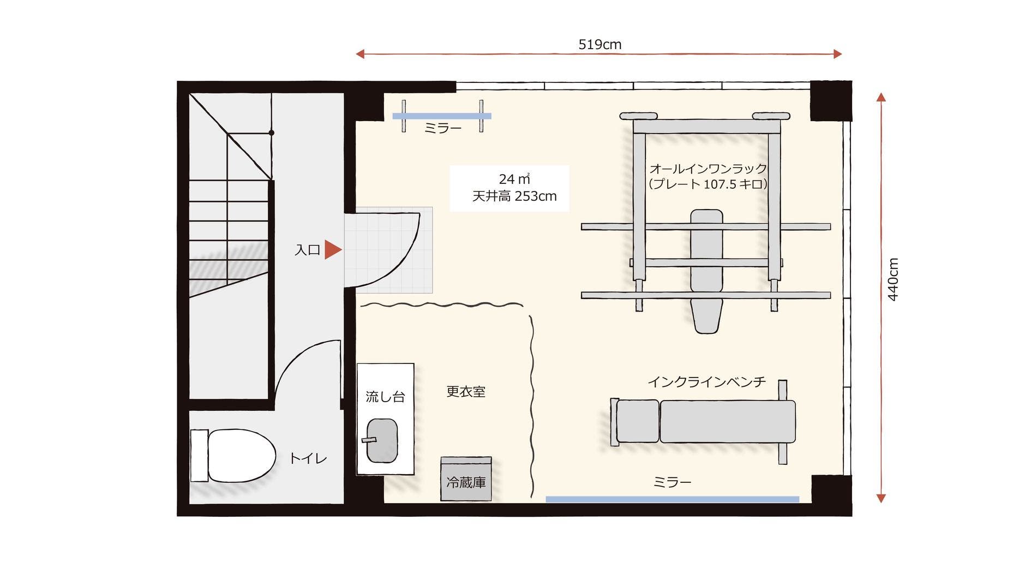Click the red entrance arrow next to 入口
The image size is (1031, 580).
tap(333, 249)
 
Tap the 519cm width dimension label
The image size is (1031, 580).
tap(600, 45)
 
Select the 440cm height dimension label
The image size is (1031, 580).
tap(893, 279)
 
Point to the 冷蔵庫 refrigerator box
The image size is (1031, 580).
tap(466, 480)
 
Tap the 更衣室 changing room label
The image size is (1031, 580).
tap(465, 392)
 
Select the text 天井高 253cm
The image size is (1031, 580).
tap(514, 196)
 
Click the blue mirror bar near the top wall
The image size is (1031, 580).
tap(442, 116)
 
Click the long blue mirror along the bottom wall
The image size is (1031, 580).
tap(672, 499)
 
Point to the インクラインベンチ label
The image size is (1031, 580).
tap(706, 382)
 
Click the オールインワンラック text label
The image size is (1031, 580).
tap(708, 169)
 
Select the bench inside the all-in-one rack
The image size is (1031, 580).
tap(706, 270)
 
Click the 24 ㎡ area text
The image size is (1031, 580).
tap(514, 179)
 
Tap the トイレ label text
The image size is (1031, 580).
tap(308, 458)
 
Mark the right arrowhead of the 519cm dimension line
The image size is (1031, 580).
tap(838, 54)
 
